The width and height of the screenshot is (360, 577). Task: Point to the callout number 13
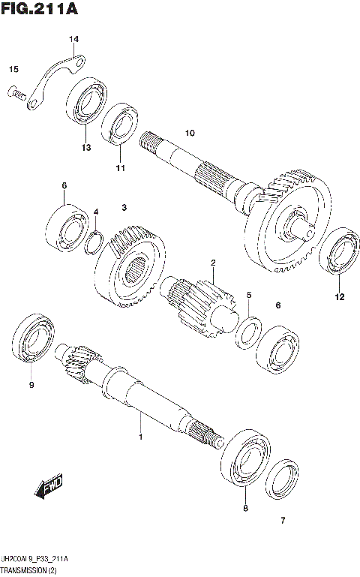click(86, 148)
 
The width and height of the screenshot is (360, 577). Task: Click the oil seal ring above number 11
click(121, 125)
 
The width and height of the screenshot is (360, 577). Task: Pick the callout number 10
click(189, 133)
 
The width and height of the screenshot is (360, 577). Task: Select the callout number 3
click(125, 207)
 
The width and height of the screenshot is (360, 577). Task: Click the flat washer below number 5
click(249, 332)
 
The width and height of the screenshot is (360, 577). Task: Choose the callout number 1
click(139, 436)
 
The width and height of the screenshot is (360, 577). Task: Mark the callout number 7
click(283, 521)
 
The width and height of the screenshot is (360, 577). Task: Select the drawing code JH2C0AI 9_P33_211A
click(36, 560)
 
